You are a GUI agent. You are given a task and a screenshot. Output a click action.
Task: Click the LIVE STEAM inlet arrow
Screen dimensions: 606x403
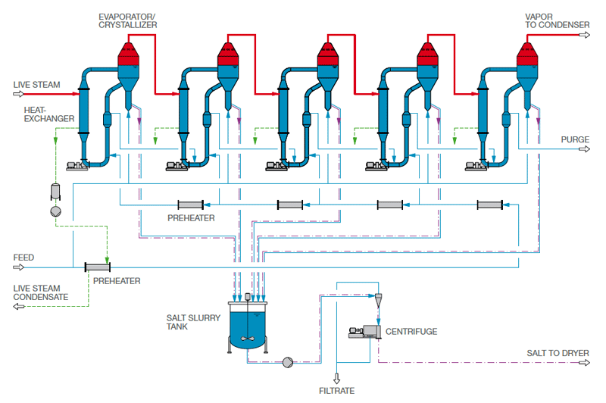pyautogui.click(x=18, y=94)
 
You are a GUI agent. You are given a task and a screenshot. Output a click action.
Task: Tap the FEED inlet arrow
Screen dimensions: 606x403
pyautogui.click(x=18, y=267)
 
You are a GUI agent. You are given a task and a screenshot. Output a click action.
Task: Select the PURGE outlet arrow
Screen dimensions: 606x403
pyautogui.click(x=584, y=149)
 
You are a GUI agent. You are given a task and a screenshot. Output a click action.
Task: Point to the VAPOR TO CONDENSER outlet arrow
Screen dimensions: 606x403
pyautogui.click(x=584, y=35)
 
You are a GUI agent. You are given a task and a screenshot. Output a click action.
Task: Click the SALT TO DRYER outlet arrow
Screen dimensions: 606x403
pyautogui.click(x=584, y=362)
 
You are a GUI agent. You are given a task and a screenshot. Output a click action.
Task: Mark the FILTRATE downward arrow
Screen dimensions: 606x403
pyautogui.click(x=336, y=378)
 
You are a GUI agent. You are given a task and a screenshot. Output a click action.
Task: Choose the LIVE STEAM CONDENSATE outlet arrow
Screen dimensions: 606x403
pyautogui.click(x=18, y=306)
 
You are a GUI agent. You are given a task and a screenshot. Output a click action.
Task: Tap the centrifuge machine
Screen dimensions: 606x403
pyautogui.click(x=365, y=332)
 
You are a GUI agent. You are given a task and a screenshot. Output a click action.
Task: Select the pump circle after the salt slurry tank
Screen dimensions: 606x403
pyautogui.click(x=288, y=362)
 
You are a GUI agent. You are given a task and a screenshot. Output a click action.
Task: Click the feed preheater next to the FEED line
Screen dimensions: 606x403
pyautogui.click(x=98, y=267)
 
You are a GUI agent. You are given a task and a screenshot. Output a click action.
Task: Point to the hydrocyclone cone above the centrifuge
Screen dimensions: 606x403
pyautogui.click(x=378, y=299)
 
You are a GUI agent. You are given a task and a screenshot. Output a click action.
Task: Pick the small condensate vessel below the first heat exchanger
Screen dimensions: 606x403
pyautogui.click(x=55, y=192)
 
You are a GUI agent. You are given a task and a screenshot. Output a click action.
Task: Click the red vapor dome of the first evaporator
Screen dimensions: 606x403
pyautogui.click(x=128, y=54)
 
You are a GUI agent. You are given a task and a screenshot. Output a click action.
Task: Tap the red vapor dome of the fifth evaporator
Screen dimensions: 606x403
pyautogui.click(x=527, y=54)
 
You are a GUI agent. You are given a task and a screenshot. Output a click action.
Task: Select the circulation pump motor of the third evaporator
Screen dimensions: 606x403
pyautogui.click(x=274, y=166)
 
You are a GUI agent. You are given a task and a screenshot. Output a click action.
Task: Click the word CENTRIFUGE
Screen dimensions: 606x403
pyautogui.click(x=411, y=332)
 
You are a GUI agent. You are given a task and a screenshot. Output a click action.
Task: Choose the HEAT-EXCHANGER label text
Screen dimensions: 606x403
pyautogui.click(x=49, y=114)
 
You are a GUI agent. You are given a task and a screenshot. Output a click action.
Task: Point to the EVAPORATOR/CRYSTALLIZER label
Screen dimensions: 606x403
pyautogui.click(x=127, y=21)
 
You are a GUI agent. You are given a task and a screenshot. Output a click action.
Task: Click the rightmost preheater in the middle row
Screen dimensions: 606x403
pyautogui.click(x=490, y=205)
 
